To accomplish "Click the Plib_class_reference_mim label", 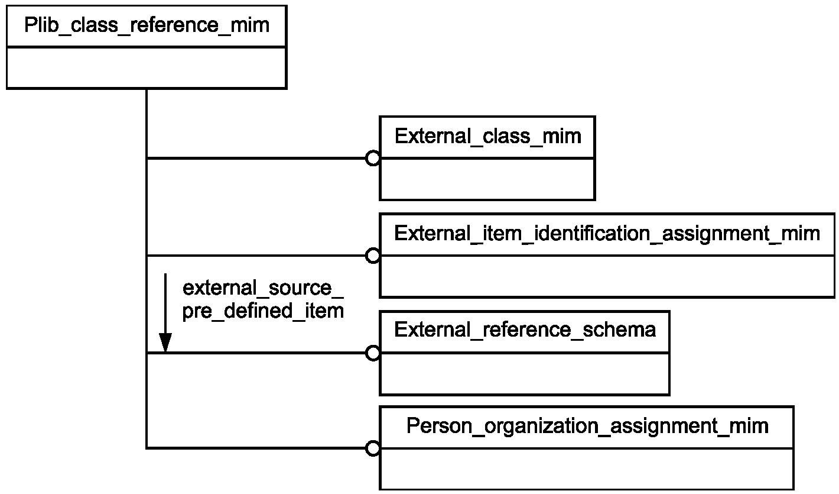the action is (x=147, y=25).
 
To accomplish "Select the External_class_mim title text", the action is (x=487, y=136).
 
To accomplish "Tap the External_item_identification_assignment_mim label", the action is (x=607, y=234).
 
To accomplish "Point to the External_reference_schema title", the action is (x=525, y=330).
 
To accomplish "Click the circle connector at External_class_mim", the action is (x=373, y=158).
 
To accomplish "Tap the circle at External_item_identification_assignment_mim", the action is (x=373, y=256).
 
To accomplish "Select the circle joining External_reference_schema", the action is (x=373, y=353).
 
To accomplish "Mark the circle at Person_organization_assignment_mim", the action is (x=373, y=448).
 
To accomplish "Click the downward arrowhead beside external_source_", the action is (x=165, y=343).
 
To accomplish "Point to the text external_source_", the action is (x=263, y=289).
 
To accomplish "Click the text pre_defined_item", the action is (x=263, y=311).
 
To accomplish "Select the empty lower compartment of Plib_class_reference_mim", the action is (x=147, y=68).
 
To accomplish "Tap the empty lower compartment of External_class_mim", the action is (x=487, y=179).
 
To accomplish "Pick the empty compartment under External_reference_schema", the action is (x=525, y=373).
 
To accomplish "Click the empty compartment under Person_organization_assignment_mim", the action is (x=587, y=469).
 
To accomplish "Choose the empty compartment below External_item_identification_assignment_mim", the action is (x=607, y=276).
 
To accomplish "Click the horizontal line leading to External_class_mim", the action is (x=256, y=158).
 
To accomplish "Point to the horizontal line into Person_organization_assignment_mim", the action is (x=256, y=448).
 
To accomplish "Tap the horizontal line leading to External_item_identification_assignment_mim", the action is (x=256, y=256).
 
